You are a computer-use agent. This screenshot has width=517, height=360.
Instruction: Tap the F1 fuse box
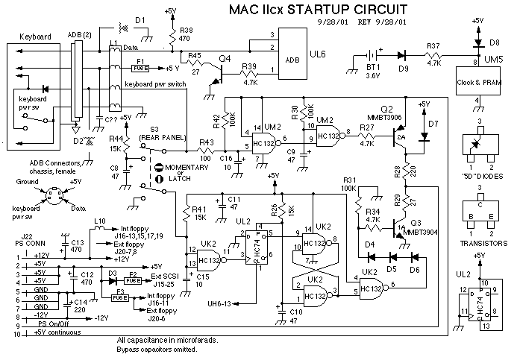[x=140, y=66]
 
